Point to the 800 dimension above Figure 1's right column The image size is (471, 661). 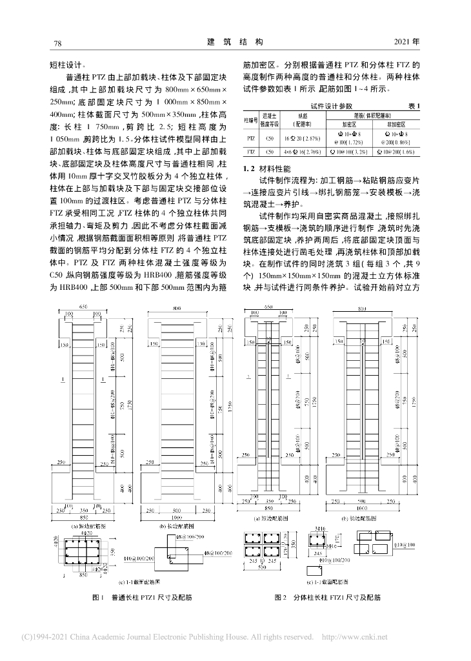point(176,307)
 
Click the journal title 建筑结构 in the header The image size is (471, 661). point(235,43)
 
